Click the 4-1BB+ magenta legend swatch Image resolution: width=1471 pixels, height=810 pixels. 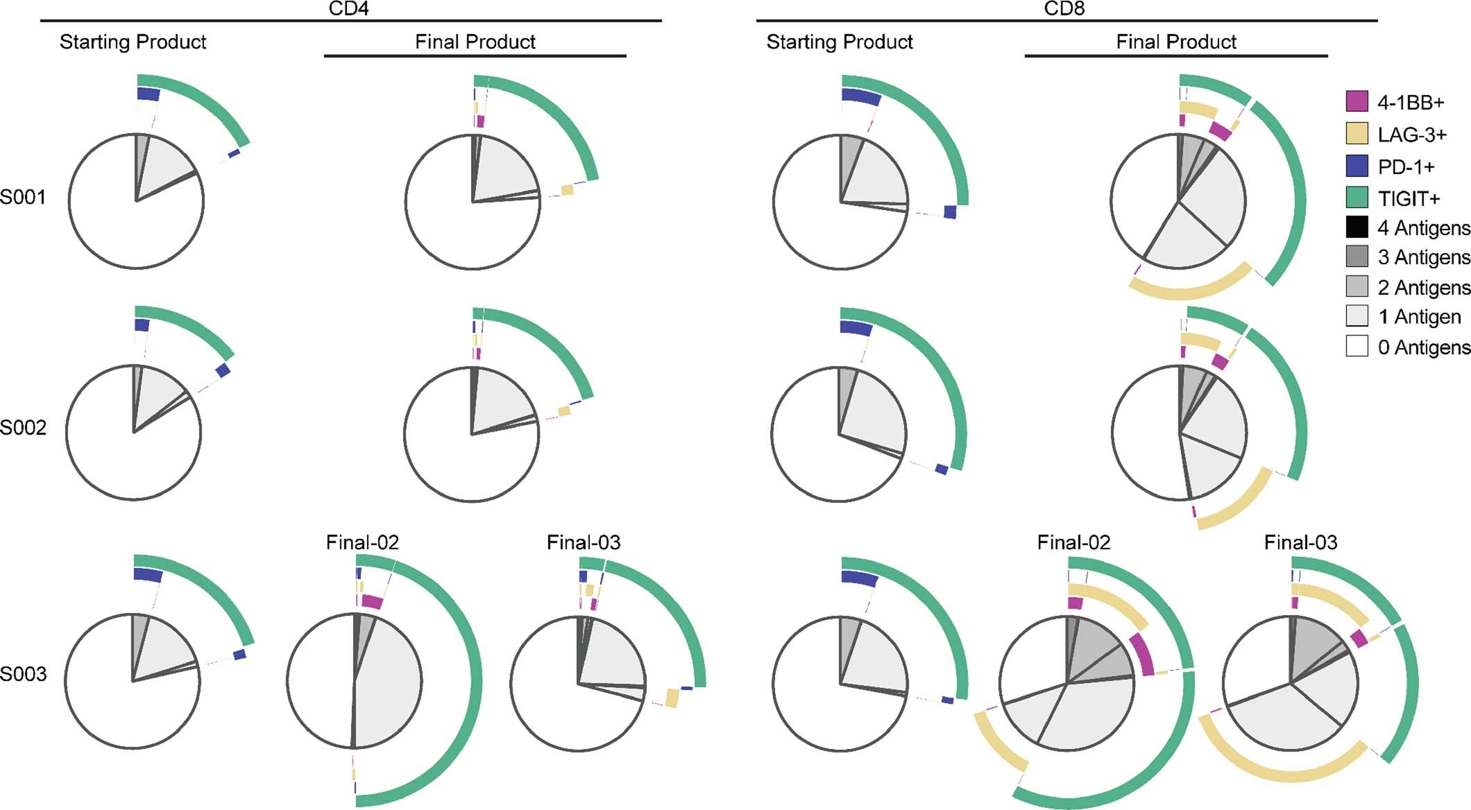[x=1357, y=102]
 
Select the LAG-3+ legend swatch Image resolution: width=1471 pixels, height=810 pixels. [x=1357, y=134]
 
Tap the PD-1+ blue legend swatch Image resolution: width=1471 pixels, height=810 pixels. [x=1357, y=166]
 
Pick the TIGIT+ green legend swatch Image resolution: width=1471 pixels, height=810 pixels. [x=1357, y=198]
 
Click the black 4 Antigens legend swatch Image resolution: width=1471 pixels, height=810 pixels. [x=1357, y=227]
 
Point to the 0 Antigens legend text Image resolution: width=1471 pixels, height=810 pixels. [x=1423, y=347]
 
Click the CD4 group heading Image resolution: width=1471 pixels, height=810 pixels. [x=348, y=9]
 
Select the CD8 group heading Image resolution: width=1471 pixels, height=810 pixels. [x=1064, y=9]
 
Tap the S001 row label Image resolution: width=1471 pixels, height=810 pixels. [x=23, y=198]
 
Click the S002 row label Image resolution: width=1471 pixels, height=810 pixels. [x=23, y=428]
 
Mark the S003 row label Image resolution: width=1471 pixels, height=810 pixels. [x=23, y=673]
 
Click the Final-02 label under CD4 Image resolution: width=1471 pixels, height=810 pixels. [x=362, y=542]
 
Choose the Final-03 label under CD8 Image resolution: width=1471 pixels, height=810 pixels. [x=1300, y=542]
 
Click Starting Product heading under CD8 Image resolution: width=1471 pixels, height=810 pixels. [x=840, y=42]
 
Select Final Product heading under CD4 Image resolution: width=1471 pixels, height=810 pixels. [x=475, y=42]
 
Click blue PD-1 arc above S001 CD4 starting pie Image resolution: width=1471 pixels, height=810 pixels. [x=148, y=94]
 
